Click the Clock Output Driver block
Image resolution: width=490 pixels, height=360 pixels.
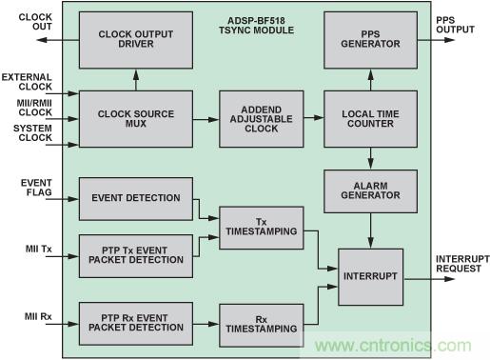click(136, 40)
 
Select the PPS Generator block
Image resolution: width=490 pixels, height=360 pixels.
click(370, 40)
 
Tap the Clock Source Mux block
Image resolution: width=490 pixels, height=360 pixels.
click(136, 119)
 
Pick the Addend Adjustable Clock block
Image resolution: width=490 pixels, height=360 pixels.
click(262, 119)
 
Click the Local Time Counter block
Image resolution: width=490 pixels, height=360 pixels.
click(370, 119)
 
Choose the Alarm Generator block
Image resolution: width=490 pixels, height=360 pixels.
click(370, 191)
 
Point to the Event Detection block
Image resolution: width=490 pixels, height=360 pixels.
click(136, 199)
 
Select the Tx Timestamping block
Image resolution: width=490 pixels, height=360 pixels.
click(262, 228)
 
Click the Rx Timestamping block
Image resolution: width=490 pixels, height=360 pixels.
click(262, 325)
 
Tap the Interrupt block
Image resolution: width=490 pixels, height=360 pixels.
click(370, 277)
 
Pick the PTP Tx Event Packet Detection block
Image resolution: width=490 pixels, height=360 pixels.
click(136, 256)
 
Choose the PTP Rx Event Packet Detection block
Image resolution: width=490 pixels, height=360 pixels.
click(136, 324)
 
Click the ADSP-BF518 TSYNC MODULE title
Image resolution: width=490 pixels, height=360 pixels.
click(256, 26)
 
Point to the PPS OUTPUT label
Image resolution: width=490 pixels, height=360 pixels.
click(455, 25)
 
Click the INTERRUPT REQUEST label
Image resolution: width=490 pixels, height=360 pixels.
click(462, 264)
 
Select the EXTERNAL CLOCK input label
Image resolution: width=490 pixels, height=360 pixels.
click(27, 82)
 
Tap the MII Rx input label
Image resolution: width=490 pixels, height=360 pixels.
click(38, 316)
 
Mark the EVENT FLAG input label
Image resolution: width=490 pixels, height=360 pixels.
click(36, 188)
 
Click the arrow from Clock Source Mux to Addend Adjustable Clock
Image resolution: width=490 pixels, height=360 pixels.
click(206, 119)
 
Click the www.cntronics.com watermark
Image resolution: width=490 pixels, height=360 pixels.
click(393, 346)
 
